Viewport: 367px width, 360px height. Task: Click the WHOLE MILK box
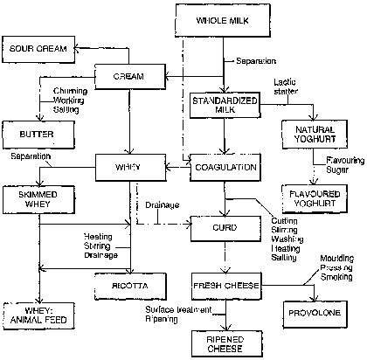tap(223, 20)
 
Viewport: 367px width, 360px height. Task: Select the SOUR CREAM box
tap(38, 49)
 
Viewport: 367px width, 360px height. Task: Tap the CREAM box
tap(130, 77)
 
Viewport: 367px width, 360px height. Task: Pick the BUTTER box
tap(38, 135)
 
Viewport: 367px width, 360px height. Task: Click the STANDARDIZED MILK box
tap(225, 105)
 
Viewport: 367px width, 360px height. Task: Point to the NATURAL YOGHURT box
tap(315, 134)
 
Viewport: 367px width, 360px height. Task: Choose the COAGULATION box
tap(225, 168)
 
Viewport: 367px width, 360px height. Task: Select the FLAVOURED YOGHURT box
tap(315, 198)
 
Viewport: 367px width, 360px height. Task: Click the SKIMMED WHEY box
tap(38, 199)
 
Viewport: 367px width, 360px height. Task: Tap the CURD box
tap(225, 228)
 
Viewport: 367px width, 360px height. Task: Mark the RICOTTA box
tap(130, 287)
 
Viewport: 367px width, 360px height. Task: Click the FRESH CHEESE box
tap(226, 286)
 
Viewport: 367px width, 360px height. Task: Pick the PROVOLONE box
tap(315, 314)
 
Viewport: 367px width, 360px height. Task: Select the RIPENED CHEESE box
tap(227, 344)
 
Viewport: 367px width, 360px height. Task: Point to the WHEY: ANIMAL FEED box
tap(38, 316)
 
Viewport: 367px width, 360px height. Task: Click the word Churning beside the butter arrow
tap(70, 91)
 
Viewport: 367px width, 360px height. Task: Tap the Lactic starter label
tap(286, 87)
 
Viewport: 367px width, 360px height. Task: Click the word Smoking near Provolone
tap(336, 277)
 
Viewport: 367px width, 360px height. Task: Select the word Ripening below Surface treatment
tap(162, 319)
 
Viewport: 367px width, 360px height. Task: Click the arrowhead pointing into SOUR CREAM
tap(76, 48)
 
